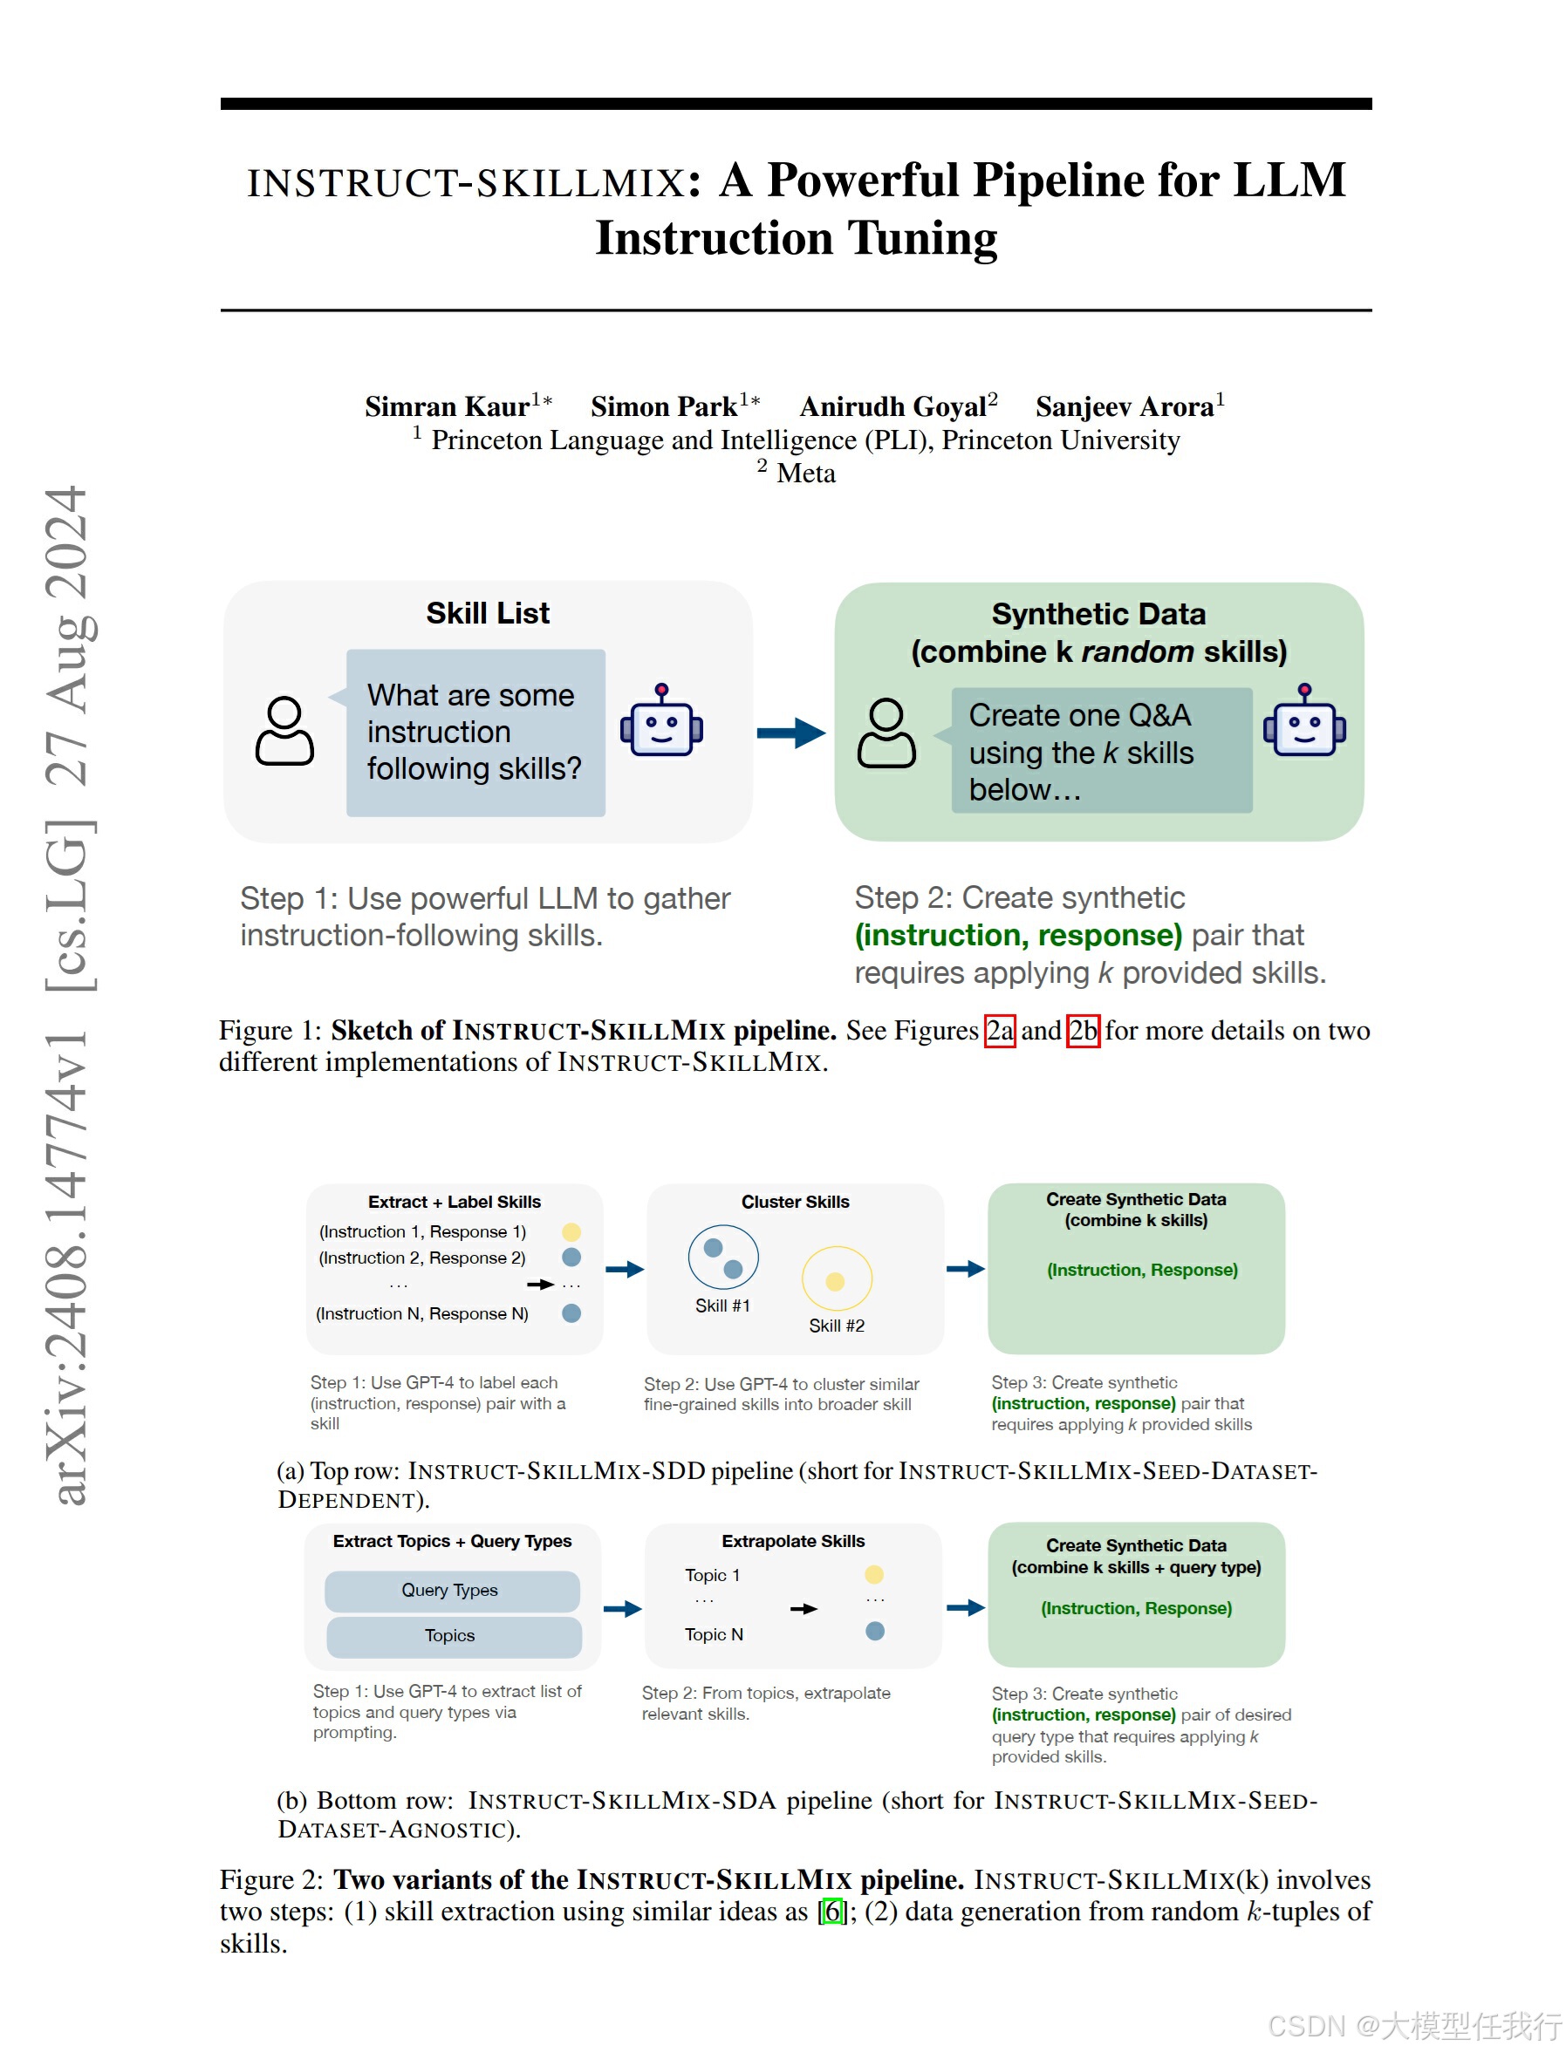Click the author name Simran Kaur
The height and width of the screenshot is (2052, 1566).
(x=448, y=406)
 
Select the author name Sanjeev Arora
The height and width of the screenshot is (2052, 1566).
(x=1125, y=406)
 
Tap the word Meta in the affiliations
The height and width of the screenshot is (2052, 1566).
(x=806, y=474)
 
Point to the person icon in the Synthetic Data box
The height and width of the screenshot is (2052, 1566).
(x=886, y=733)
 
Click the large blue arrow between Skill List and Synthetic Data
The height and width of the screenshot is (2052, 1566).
(x=790, y=733)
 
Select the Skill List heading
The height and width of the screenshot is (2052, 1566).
(x=488, y=613)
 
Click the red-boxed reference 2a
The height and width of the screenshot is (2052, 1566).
(x=999, y=1031)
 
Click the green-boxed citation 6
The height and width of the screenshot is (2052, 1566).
(x=833, y=1912)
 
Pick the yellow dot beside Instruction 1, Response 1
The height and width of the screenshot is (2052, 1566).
(x=571, y=1232)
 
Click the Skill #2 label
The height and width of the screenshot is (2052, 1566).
(x=836, y=1326)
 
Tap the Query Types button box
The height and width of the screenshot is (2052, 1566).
(x=452, y=1591)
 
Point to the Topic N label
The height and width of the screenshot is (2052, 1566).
(x=714, y=1634)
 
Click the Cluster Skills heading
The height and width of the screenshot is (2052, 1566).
(x=795, y=1202)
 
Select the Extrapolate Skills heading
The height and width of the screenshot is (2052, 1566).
(x=793, y=1541)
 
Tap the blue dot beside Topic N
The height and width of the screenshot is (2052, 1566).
(x=874, y=1631)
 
